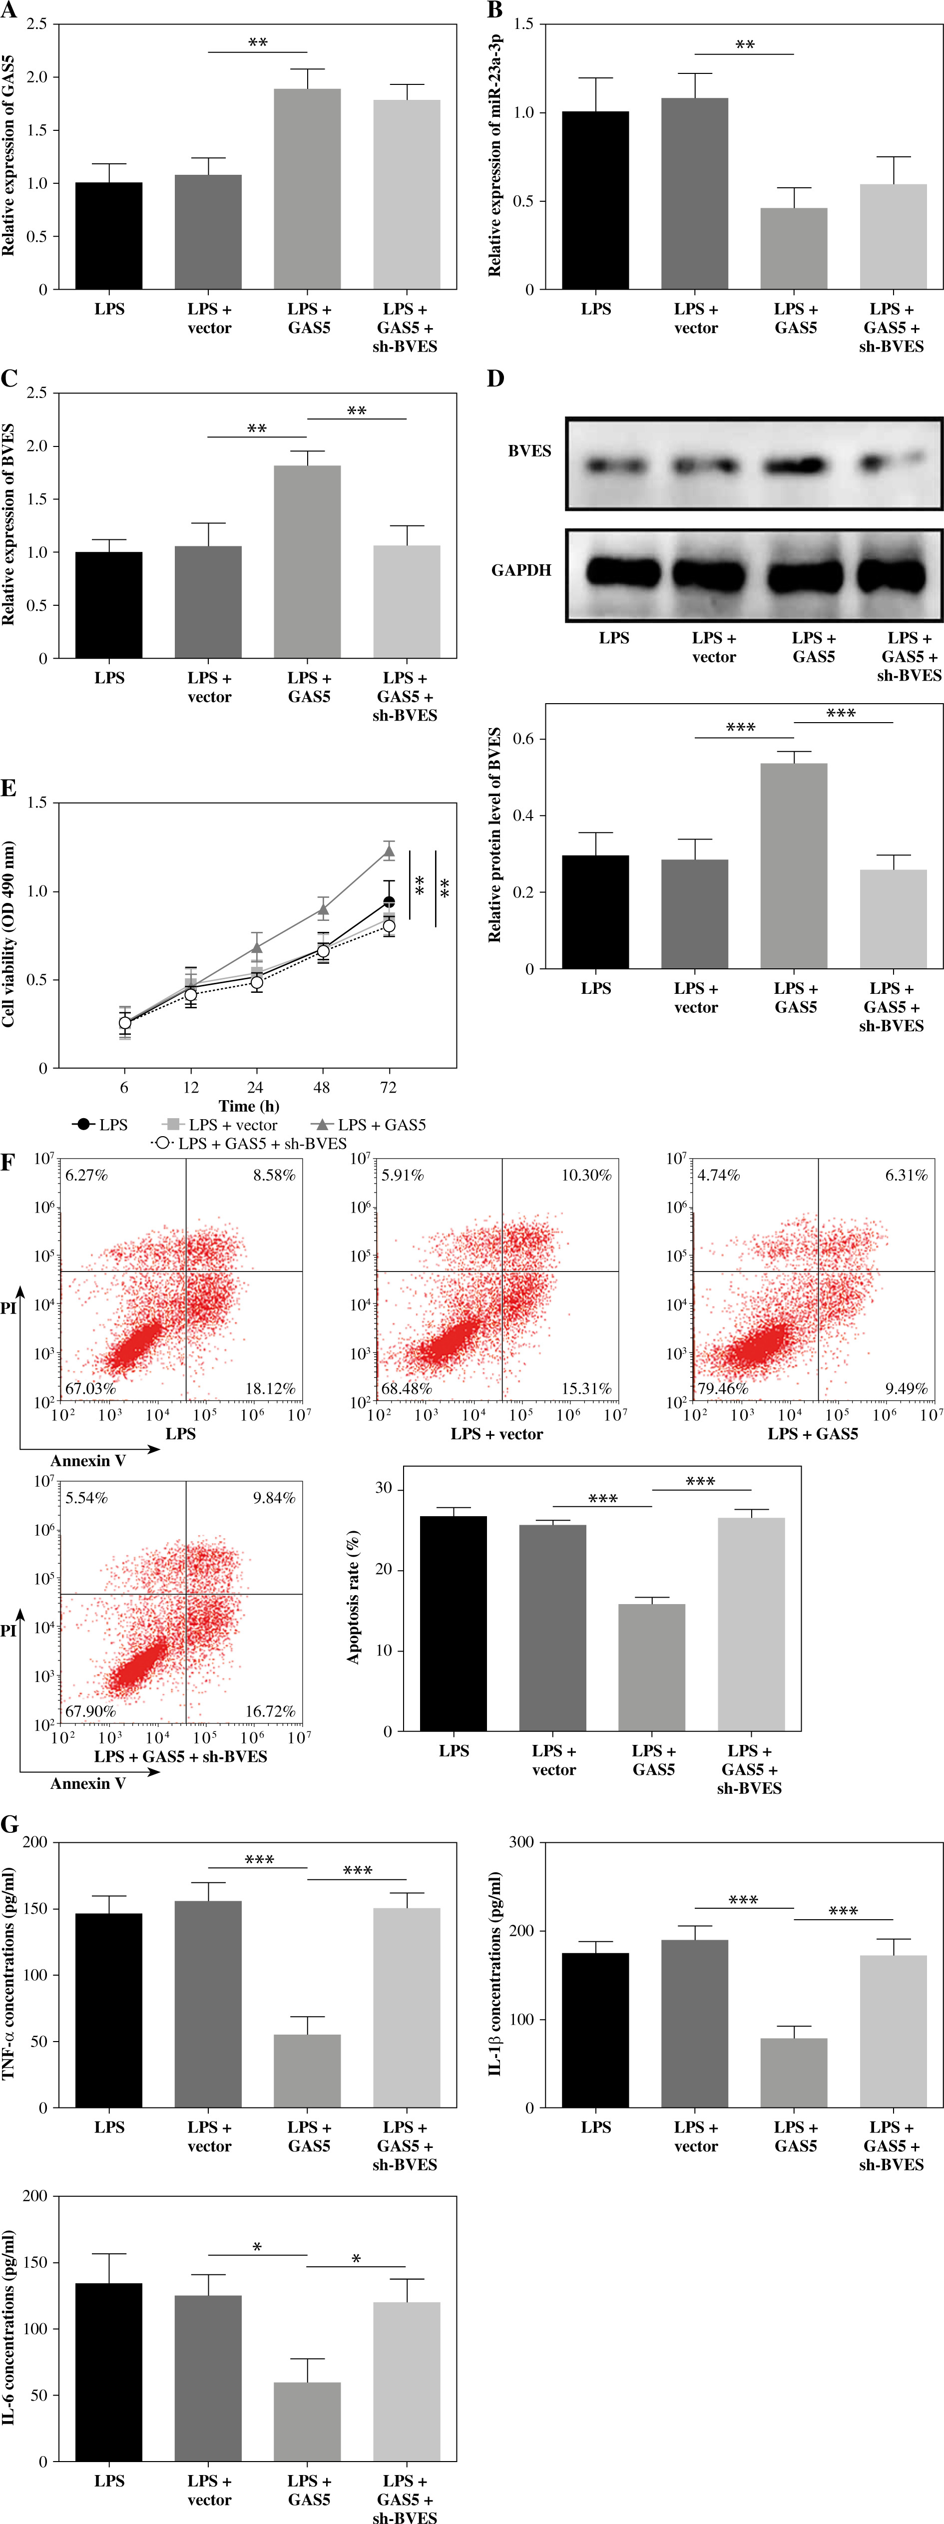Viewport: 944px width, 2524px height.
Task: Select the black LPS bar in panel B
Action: [x=595, y=201]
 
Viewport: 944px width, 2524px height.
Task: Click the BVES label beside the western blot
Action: [x=529, y=451]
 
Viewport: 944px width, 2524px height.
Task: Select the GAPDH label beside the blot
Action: [x=521, y=570]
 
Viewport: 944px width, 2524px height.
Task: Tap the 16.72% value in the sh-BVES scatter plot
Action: [x=270, y=1711]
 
